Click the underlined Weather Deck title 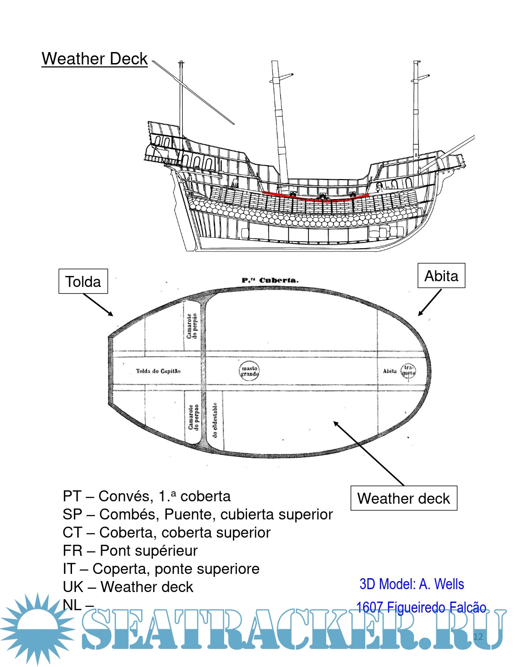point(94,59)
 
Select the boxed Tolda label point(83,281)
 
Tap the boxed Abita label point(441,276)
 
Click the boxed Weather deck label point(403,498)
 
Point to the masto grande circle point(249,371)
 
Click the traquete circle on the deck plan point(409,371)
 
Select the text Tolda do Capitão point(158,371)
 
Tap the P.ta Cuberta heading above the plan point(270,280)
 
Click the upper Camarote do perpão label point(192,326)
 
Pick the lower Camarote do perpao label point(193,417)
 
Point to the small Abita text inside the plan point(390,371)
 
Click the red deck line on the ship point(315,197)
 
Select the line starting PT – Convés point(146,496)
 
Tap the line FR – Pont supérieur point(130,551)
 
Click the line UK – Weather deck point(128,587)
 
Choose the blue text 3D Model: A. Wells point(412,584)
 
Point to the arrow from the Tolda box point(98,305)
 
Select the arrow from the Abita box point(430,302)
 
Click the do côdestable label point(215,420)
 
